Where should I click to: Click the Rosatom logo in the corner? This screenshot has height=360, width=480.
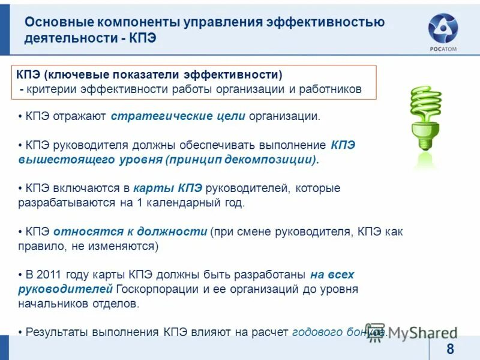[x=443, y=32]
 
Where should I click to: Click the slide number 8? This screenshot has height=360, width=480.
[x=450, y=350]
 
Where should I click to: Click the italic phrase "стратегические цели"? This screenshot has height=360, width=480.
[x=178, y=116]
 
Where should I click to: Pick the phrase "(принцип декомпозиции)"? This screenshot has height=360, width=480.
[x=242, y=160]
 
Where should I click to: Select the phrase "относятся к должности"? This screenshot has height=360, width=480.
[x=130, y=232]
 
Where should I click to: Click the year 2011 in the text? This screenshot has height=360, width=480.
[x=50, y=275]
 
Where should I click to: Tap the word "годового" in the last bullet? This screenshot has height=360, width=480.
[x=316, y=332]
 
